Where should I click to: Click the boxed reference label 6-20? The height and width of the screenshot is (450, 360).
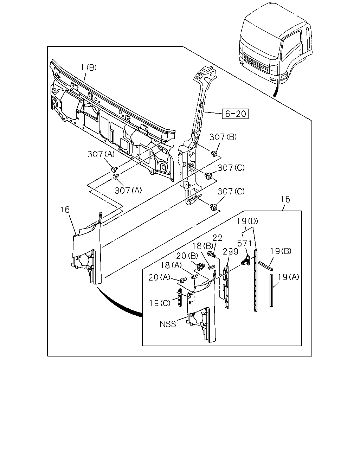coord(235,114)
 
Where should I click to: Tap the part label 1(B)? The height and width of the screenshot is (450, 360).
coord(89,67)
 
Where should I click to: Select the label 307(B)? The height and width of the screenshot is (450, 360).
coord(223,137)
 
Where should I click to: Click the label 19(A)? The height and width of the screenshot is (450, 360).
coord(289,277)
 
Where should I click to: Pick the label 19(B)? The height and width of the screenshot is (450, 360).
coord(281,251)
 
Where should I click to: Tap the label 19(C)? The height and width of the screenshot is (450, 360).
coord(160,303)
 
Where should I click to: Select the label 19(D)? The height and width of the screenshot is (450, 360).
coord(247,221)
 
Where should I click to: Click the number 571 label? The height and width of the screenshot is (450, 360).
coord(245,243)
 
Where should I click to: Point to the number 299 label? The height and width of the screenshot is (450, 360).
coord(231,252)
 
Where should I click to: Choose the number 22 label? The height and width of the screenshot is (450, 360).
coord(217,238)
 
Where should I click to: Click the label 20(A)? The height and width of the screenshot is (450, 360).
coord(159,277)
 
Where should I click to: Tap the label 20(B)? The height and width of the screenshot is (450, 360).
coord(187,256)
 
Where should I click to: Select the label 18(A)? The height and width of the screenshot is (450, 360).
coord(171,265)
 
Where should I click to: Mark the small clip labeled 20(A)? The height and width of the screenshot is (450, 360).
coord(183,280)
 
